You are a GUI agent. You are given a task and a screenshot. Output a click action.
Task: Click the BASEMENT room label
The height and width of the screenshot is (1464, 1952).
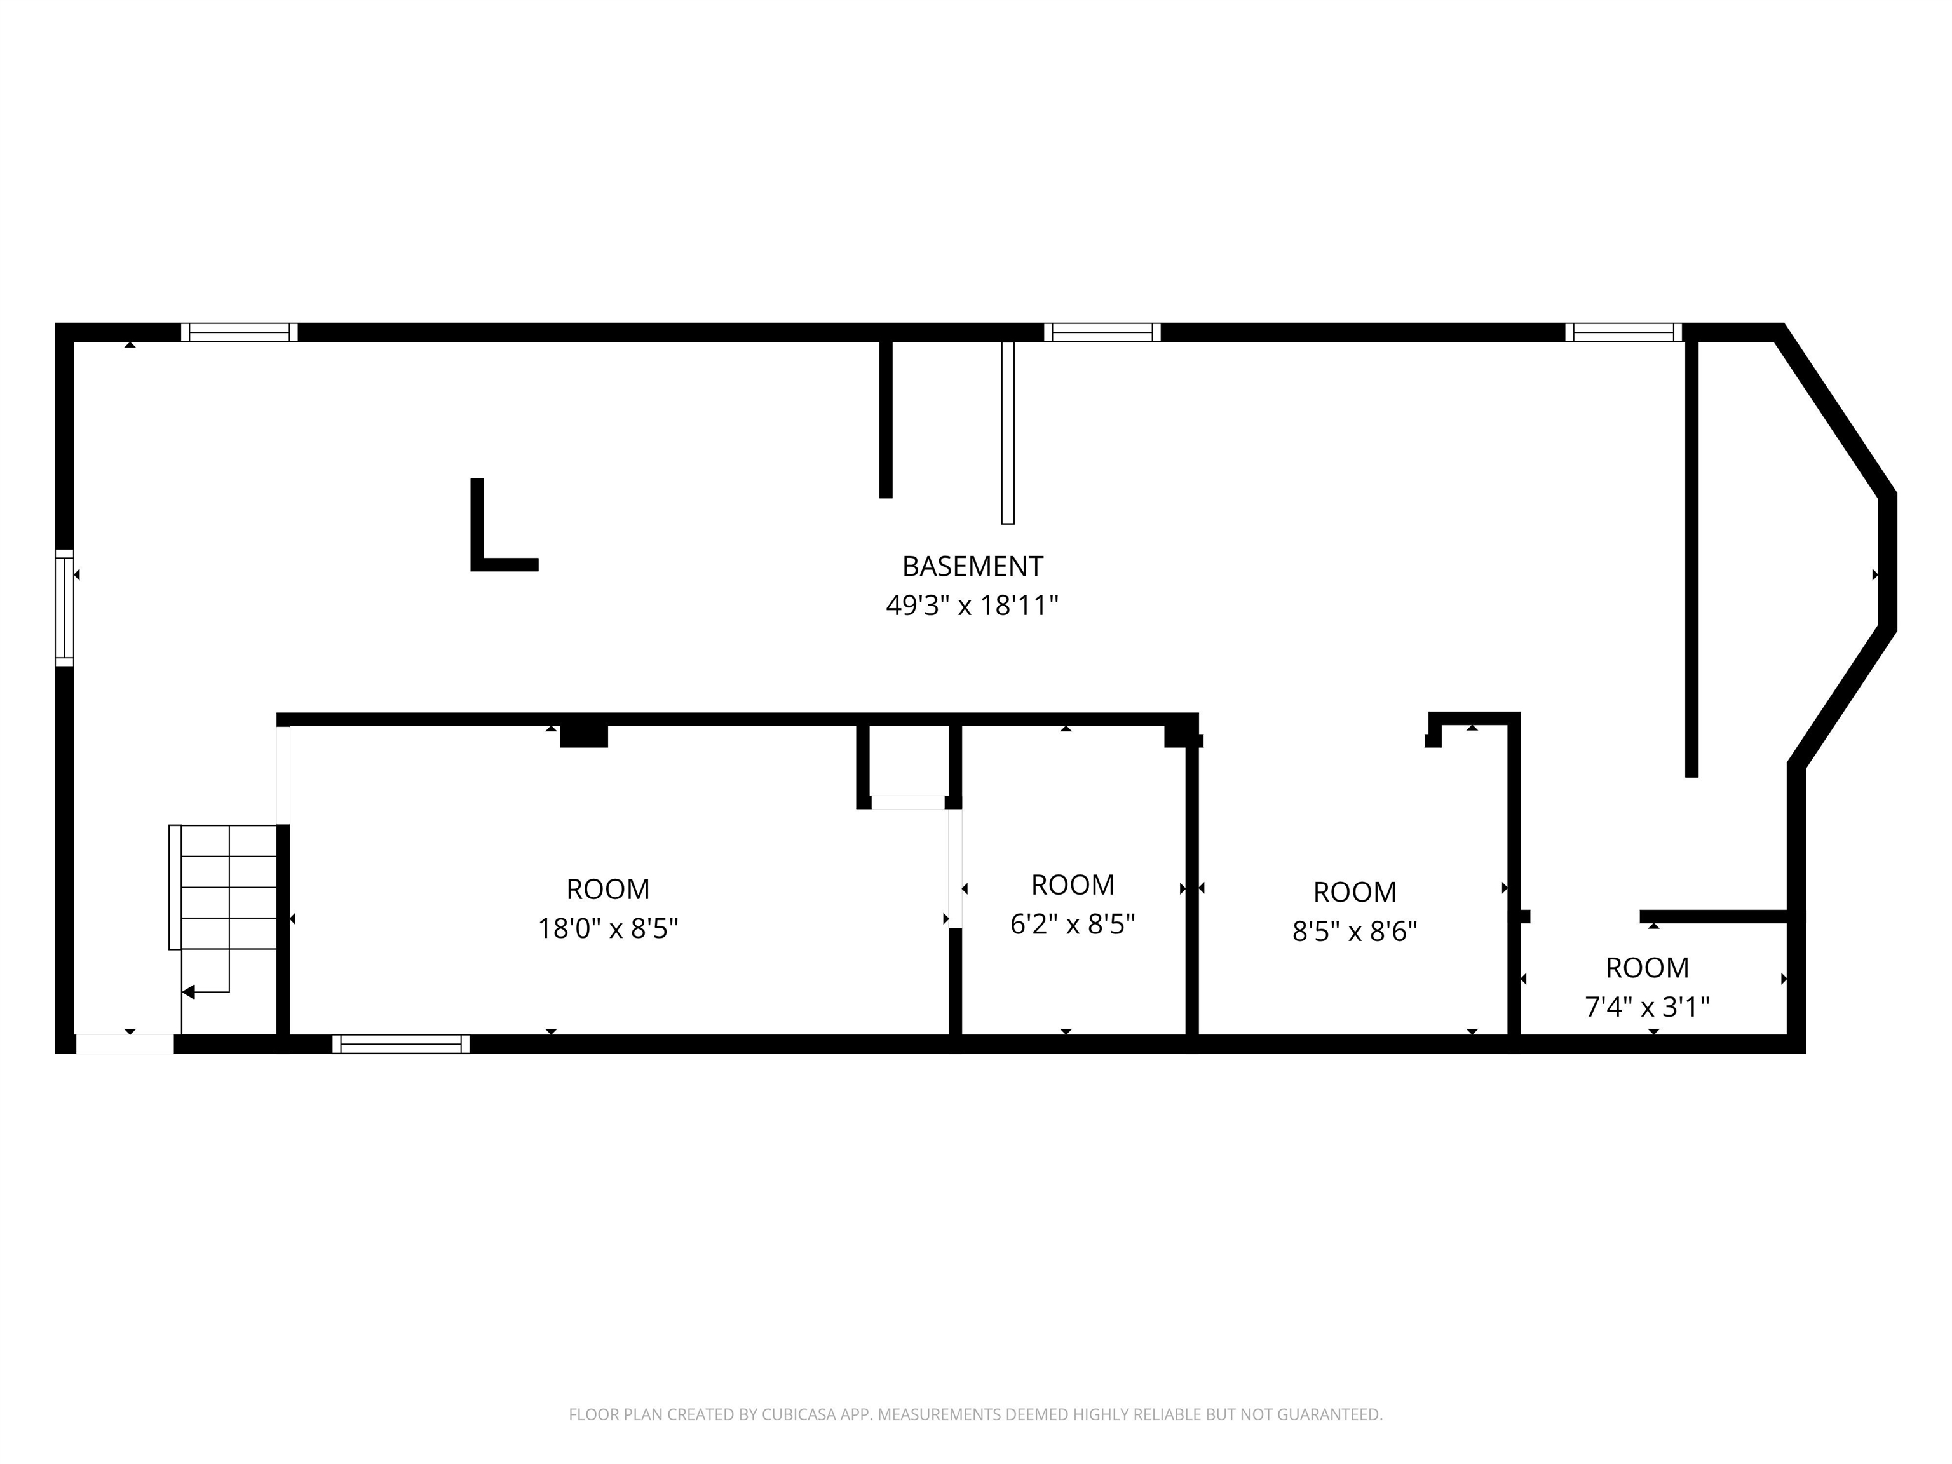click(x=972, y=566)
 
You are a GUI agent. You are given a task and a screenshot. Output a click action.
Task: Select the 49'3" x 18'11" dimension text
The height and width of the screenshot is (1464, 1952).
click(x=972, y=606)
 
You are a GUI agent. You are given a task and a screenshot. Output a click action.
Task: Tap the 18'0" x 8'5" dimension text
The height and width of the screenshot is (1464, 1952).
click(x=608, y=928)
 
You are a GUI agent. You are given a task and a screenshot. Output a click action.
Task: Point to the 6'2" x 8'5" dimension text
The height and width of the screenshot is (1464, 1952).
click(x=1072, y=924)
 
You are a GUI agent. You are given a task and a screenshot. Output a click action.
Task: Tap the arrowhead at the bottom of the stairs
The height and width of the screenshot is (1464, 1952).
click(x=188, y=992)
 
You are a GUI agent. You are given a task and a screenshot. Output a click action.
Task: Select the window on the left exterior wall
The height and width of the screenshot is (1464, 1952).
click(x=64, y=607)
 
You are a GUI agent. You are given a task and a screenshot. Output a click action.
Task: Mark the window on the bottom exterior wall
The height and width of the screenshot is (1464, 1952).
click(x=401, y=1044)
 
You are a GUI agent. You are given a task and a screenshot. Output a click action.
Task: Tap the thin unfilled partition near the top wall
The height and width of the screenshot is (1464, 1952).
click(x=1008, y=433)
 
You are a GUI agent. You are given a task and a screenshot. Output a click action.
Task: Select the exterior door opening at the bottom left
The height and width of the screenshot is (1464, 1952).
click(x=125, y=1044)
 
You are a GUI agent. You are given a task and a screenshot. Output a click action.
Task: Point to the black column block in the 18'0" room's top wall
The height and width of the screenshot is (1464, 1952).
click(x=584, y=736)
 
